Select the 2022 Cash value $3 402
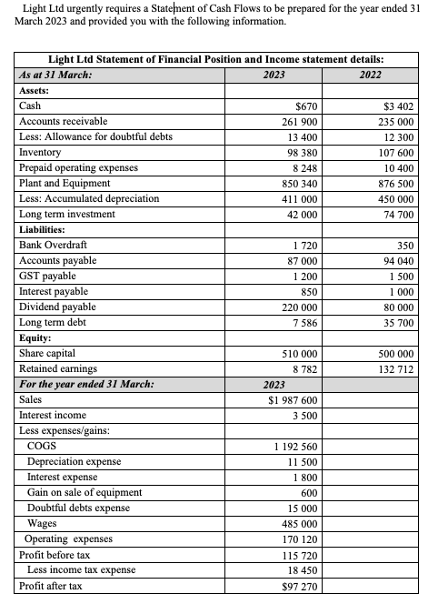pos(398,106)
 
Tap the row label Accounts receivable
pos(63,121)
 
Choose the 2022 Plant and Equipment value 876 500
pos(394,183)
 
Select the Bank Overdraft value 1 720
pos(302,246)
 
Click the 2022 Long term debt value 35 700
pos(397,323)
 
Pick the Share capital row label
pos(47,353)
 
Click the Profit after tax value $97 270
pos(296,587)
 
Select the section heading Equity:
pos(37,337)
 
